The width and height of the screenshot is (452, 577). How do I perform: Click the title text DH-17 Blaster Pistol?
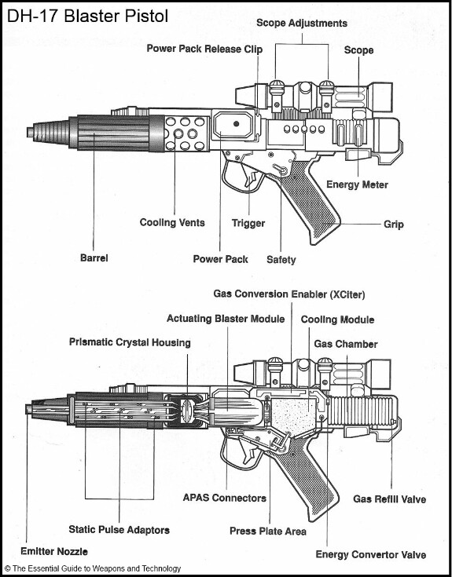88,16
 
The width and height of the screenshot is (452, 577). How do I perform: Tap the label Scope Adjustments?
302,24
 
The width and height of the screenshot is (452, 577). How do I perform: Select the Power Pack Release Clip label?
204,49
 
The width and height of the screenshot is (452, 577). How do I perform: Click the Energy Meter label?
357,184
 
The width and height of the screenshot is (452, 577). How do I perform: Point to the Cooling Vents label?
172,223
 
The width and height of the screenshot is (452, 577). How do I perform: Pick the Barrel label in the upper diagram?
94,257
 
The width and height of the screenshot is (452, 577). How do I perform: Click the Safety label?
281,260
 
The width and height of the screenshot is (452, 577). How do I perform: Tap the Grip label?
393,224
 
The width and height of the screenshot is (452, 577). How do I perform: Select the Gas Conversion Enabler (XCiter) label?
289,294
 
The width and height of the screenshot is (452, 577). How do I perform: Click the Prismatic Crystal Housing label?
130,342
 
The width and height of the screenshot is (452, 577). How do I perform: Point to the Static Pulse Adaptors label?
119,530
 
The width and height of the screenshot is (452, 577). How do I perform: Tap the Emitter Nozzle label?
54,551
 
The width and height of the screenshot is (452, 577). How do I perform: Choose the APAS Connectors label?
224,498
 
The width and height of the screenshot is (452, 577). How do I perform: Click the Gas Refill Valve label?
389,499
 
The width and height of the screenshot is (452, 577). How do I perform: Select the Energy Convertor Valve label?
370,554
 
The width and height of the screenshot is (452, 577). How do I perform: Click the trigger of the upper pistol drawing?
251,176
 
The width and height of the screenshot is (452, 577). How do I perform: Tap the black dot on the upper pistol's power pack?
236,124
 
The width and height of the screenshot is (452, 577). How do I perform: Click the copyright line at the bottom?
93,568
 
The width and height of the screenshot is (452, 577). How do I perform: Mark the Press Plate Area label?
268,531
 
